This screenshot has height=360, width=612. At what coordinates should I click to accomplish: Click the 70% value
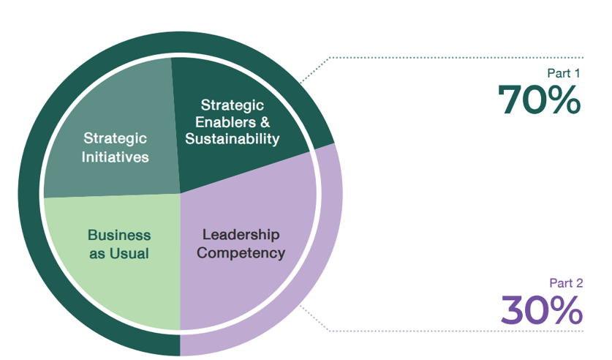tap(540, 100)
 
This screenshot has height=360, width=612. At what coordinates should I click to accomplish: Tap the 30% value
tap(541, 310)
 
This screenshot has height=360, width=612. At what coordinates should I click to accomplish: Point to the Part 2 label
tap(565, 283)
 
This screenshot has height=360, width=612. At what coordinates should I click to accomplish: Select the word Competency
tap(241, 254)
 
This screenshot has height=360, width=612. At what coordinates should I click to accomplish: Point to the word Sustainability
tap(233, 138)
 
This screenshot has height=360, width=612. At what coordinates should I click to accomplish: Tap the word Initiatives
tap(116, 157)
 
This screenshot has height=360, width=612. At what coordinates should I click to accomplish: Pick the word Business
tap(119, 236)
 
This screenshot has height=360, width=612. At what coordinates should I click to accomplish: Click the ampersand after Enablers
tap(265, 122)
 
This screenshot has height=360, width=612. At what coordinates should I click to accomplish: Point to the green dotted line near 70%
tap(453, 57)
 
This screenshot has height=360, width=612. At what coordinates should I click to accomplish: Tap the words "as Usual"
tap(119, 254)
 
